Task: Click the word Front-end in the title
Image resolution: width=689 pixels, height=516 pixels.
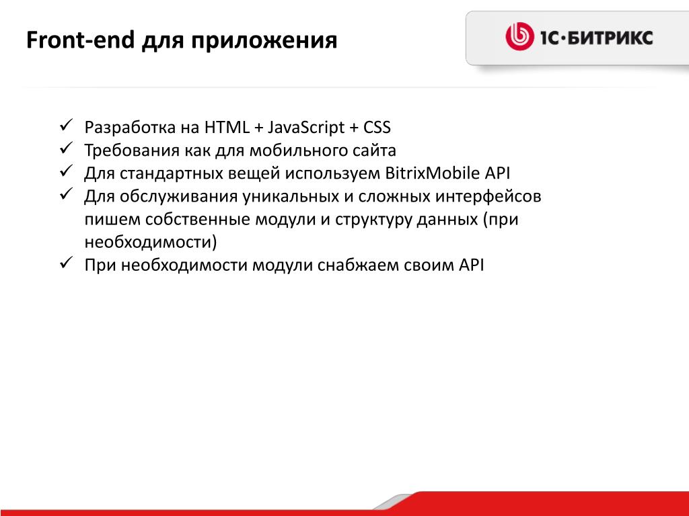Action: [x=80, y=40]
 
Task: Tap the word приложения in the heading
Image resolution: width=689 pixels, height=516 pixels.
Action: [x=264, y=41]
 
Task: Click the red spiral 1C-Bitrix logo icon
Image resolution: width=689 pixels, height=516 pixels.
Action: [x=519, y=37]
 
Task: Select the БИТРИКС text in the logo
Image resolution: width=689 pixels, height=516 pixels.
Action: [x=610, y=38]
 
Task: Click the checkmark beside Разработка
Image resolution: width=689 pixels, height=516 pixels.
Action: [x=65, y=126]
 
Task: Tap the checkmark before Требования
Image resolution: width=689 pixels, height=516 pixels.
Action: [x=65, y=148]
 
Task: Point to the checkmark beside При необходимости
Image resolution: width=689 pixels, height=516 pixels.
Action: [x=65, y=263]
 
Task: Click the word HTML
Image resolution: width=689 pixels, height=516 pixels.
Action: [x=227, y=127]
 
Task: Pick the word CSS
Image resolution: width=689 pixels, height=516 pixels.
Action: [x=377, y=127]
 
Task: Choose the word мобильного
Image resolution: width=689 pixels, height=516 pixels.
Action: [x=298, y=150]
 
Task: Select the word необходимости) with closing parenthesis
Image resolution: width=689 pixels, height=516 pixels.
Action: [x=151, y=242]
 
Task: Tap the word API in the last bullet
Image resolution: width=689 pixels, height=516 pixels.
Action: [x=472, y=265]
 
